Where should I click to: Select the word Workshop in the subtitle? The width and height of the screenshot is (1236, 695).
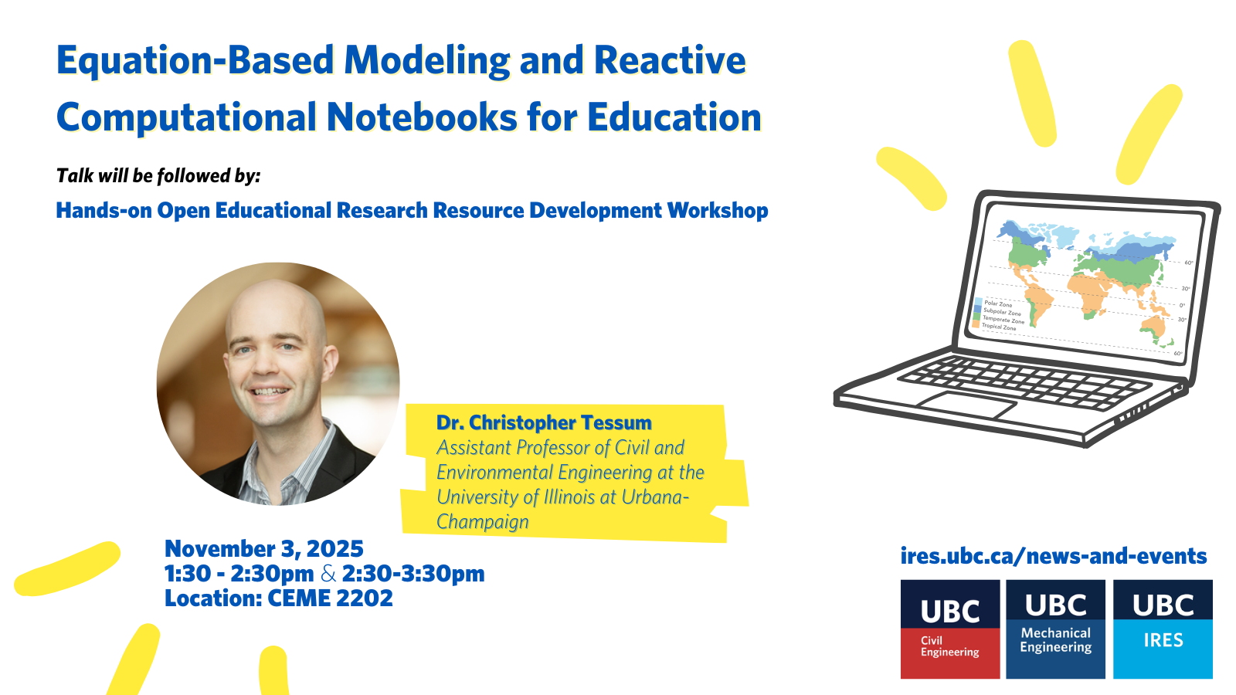718,211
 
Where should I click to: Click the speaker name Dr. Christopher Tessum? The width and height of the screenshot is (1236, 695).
544,422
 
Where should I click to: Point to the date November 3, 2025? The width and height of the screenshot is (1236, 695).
264,549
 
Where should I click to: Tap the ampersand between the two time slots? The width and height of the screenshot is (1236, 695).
328,574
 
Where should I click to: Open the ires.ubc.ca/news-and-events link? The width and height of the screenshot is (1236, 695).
1054,556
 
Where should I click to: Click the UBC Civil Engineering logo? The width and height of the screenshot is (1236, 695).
950,629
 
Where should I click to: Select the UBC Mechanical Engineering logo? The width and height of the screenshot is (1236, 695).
1055,629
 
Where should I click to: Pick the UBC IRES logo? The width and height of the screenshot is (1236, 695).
1163,629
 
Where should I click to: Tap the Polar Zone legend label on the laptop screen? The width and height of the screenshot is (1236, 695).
998,304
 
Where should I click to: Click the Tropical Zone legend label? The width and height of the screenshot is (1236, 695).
999,327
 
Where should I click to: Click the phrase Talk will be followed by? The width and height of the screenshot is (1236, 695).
158,176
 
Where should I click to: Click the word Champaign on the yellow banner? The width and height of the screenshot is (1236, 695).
482,522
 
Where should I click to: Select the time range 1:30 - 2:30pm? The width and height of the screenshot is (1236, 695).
239,574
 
